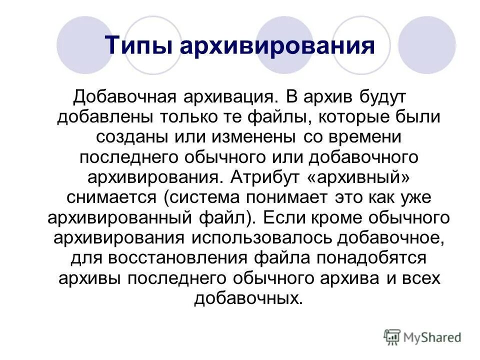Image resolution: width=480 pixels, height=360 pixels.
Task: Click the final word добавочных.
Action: pyautogui.click(x=248, y=299)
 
